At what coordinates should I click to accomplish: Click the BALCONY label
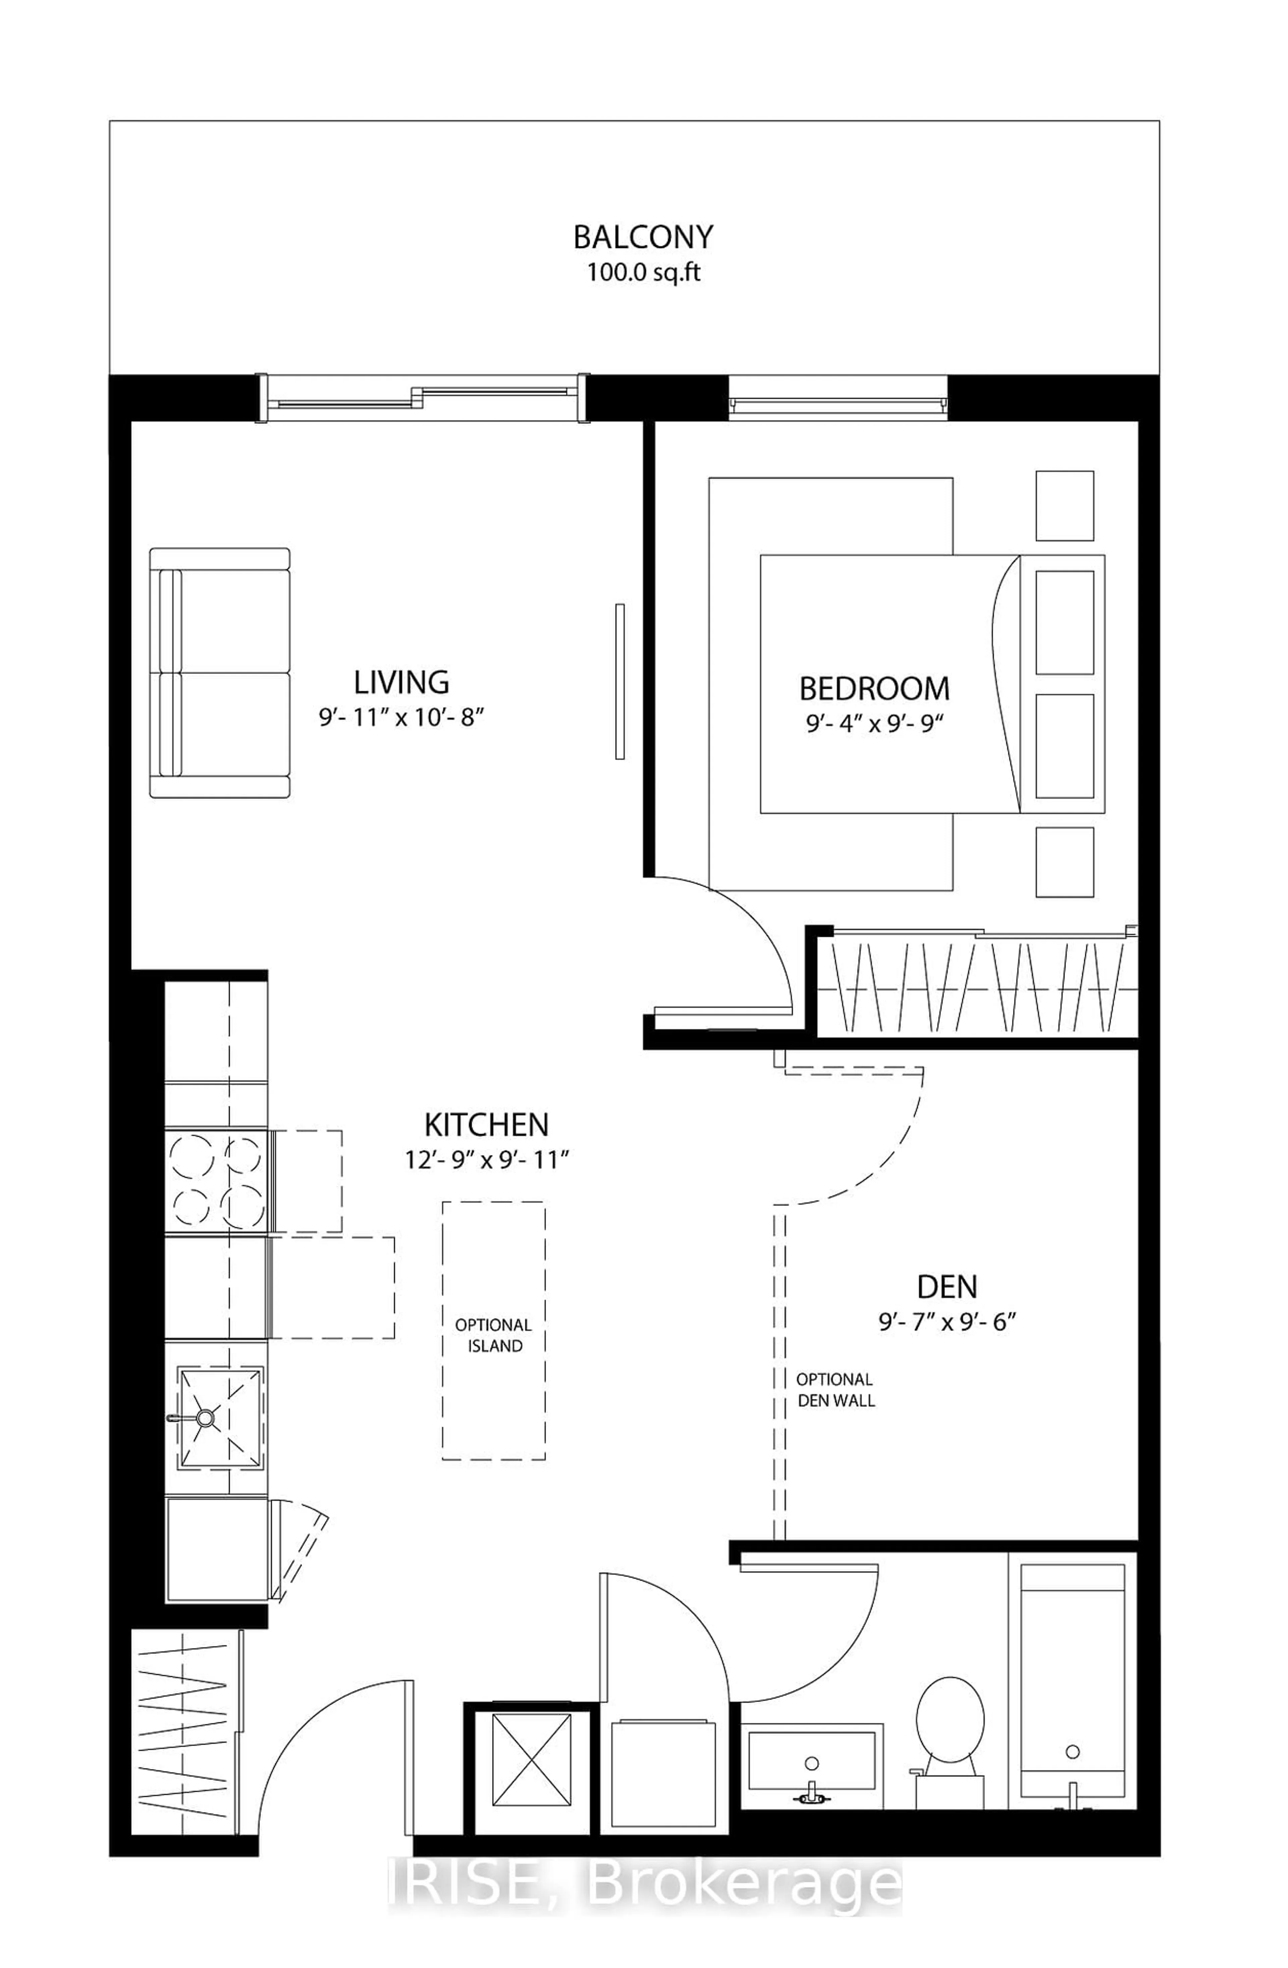[x=643, y=237]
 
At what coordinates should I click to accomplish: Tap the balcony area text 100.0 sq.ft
[x=643, y=272]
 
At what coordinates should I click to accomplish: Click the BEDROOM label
[x=874, y=689]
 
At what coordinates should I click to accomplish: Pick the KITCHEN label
[x=486, y=1125]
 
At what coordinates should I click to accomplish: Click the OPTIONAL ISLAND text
[x=494, y=1335]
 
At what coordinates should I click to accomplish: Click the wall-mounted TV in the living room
[x=620, y=681]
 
